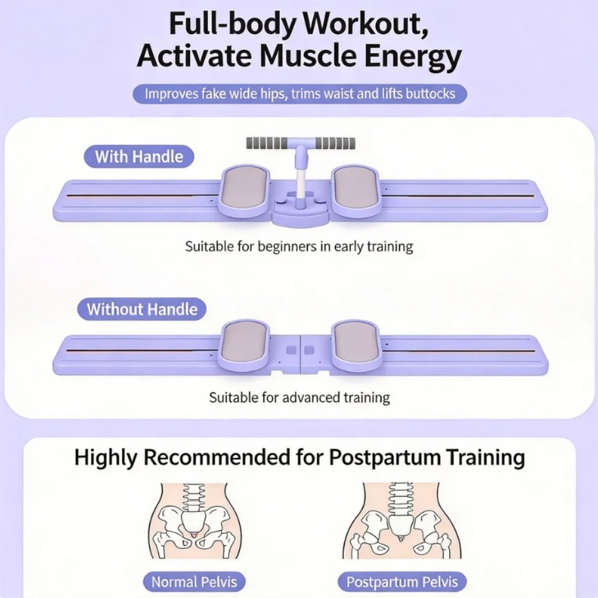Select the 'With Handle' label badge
pyautogui.click(x=139, y=157)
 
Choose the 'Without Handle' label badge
pyautogui.click(x=142, y=309)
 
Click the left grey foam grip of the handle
pyautogui.click(x=267, y=144)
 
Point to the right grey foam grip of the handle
pyautogui.click(x=334, y=144)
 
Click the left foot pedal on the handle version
pyautogui.click(x=245, y=190)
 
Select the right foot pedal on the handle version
pyautogui.click(x=355, y=190)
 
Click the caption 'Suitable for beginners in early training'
pyautogui.click(x=299, y=247)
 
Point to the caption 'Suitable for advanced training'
pyautogui.click(x=300, y=398)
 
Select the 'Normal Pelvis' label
pyautogui.click(x=194, y=582)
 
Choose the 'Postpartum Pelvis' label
pyautogui.click(x=402, y=582)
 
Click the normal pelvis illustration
pyautogui.click(x=194, y=521)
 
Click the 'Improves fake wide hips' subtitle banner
pyautogui.click(x=300, y=94)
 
